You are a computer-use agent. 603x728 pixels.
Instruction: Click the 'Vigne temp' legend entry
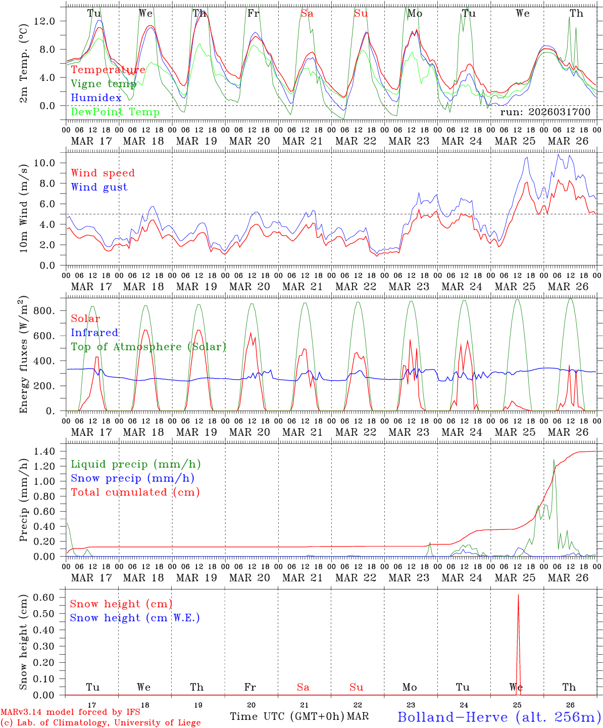pyautogui.click(x=104, y=84)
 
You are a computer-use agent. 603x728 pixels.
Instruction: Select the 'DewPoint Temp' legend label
pyautogui.click(x=115, y=112)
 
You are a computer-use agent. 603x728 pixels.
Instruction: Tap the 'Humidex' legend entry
pyautogui.click(x=96, y=98)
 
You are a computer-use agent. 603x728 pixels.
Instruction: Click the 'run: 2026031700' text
pyautogui.click(x=545, y=112)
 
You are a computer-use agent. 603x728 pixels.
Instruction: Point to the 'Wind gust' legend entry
pyautogui.click(x=99, y=187)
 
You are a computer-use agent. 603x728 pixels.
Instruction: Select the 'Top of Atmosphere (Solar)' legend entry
pyautogui.click(x=148, y=347)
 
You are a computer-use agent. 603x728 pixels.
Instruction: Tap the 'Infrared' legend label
pyautogui.click(x=94, y=333)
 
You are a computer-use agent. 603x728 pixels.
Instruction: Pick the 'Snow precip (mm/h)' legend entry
pyautogui.click(x=132, y=478)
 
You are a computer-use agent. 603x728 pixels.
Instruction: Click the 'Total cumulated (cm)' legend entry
pyautogui.click(x=135, y=492)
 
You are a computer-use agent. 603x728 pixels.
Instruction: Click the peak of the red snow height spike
pyautogui.click(x=518, y=595)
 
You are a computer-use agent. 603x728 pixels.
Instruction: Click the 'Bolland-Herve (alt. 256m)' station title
pyautogui.click(x=499, y=717)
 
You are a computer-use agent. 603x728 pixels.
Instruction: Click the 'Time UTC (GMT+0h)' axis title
pyautogui.click(x=287, y=716)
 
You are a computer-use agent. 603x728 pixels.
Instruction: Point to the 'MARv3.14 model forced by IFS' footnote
pyautogui.click(x=70, y=712)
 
